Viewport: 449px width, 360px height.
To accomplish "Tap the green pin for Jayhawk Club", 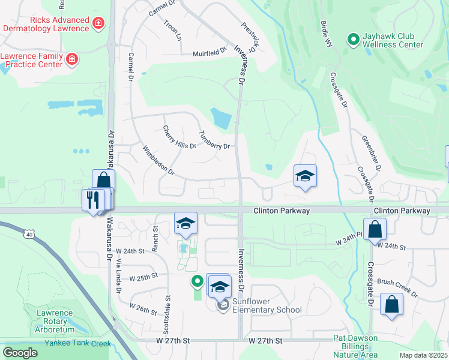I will (353, 40).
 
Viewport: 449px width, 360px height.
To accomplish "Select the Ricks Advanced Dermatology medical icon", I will (98, 24).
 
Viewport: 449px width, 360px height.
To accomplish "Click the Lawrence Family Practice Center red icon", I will (71, 59).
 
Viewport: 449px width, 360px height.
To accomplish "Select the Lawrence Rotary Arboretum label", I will (55, 321).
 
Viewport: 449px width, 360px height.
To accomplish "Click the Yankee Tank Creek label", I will (78, 343).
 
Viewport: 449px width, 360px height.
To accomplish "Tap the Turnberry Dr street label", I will (214, 141).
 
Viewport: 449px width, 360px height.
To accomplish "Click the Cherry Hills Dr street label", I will (179, 137).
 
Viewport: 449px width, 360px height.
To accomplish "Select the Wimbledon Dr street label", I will (158, 161).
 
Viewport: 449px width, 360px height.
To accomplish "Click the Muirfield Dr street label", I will (209, 53).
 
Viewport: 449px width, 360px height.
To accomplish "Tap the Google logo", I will (20, 353).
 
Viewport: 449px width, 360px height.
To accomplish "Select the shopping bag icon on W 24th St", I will (375, 229).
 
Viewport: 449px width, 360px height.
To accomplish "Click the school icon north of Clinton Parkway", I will (305, 176).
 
